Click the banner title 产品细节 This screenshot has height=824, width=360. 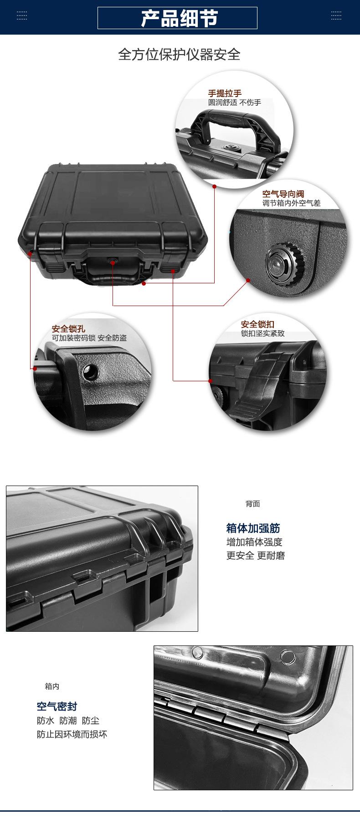(x=179, y=18)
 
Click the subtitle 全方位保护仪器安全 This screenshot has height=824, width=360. (x=179, y=55)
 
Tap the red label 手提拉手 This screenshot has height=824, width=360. (x=225, y=94)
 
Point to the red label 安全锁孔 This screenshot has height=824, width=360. (x=68, y=329)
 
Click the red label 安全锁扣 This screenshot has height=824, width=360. (x=257, y=324)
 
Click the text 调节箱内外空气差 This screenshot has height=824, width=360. (x=291, y=203)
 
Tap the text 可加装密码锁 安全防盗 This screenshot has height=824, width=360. (x=89, y=338)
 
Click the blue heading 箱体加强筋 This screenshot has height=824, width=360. (x=253, y=528)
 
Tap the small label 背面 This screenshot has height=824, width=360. (x=252, y=504)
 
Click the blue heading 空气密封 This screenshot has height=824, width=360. (x=57, y=706)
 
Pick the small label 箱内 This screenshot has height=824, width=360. (x=52, y=686)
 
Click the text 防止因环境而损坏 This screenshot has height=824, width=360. (x=72, y=734)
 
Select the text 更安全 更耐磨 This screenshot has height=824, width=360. (x=255, y=555)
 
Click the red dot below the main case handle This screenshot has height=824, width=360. (x=144, y=283)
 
